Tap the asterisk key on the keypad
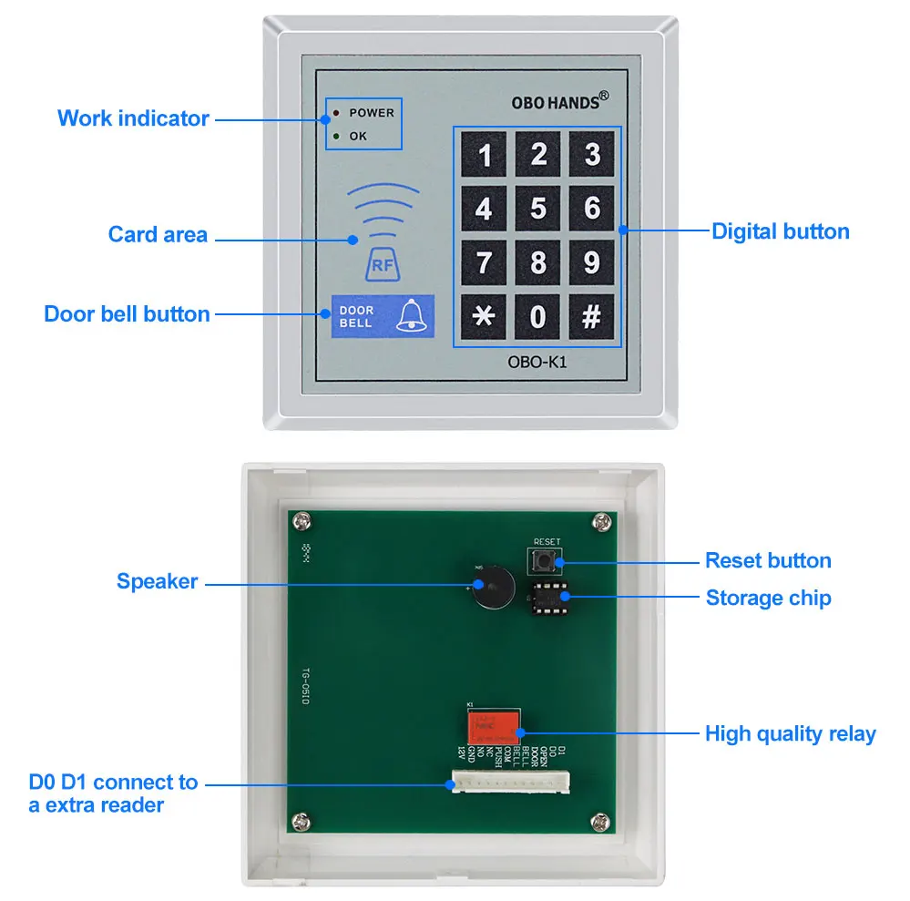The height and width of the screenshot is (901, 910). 484,316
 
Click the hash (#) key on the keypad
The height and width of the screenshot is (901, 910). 592,316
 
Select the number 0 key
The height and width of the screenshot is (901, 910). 538,316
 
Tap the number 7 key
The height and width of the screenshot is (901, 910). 484,262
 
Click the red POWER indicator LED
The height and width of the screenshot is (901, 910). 336,113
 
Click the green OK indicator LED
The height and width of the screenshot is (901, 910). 336,137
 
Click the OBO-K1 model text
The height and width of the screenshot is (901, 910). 538,362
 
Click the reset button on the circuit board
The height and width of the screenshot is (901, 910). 547,558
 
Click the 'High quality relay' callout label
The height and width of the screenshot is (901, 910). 790,733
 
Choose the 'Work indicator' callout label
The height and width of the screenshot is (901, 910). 133,118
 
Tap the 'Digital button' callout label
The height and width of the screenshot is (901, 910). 780,231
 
